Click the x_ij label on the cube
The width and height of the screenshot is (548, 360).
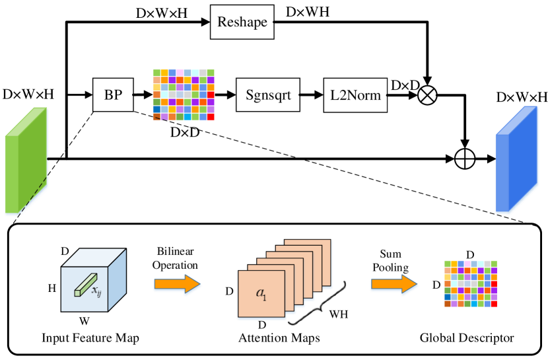click(x=96, y=290)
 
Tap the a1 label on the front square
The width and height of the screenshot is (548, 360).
click(x=261, y=293)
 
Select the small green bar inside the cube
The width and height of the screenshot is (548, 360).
click(x=85, y=285)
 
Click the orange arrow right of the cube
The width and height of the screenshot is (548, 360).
click(x=177, y=284)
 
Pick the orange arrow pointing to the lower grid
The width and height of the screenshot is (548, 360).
click(x=394, y=284)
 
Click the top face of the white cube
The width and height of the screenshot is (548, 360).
click(x=93, y=258)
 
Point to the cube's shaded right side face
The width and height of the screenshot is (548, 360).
click(x=117, y=280)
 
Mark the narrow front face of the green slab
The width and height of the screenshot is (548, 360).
click(x=11, y=175)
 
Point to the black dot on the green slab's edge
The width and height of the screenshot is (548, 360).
click(x=48, y=159)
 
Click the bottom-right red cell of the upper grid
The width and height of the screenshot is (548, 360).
click(x=211, y=117)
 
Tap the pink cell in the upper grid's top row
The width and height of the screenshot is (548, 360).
click(x=180, y=73)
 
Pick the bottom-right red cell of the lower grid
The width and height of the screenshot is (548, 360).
click(x=494, y=304)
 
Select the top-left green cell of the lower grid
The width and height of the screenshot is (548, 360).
click(x=447, y=264)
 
